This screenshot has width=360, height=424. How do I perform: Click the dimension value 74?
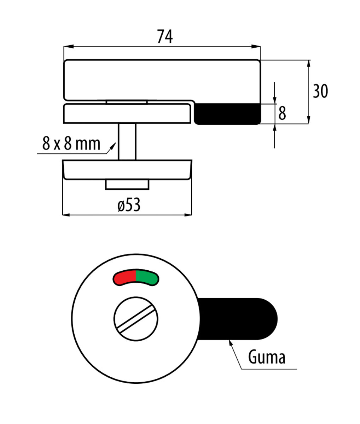[165, 36]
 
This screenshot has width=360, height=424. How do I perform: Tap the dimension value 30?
[320, 91]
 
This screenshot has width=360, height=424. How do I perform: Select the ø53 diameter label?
[129, 205]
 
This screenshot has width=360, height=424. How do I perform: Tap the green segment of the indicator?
[147, 277]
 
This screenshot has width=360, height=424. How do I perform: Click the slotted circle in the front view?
[136, 319]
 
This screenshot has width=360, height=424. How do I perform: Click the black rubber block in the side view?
[227, 114]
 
